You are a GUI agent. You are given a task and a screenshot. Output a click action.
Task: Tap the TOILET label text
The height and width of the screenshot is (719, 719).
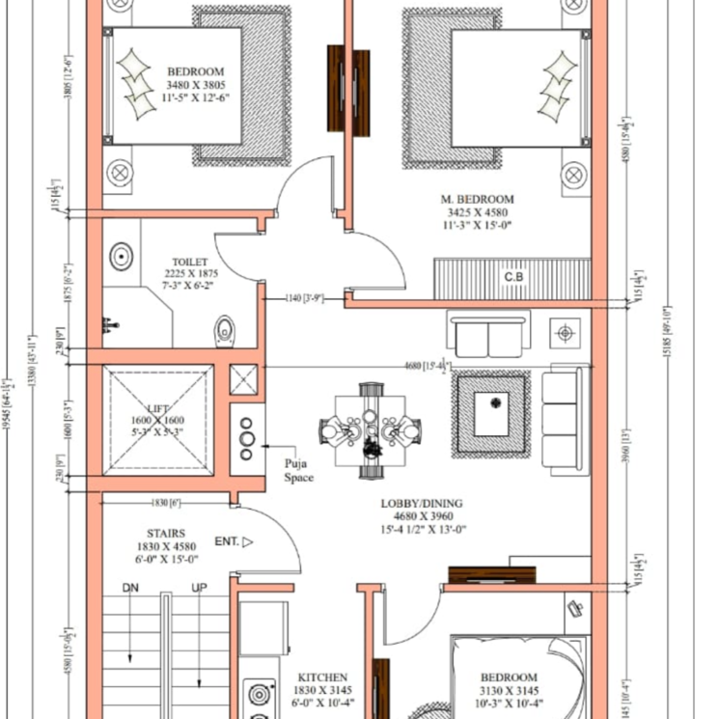[x=189, y=262]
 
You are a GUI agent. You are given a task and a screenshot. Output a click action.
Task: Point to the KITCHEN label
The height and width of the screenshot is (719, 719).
[x=322, y=678]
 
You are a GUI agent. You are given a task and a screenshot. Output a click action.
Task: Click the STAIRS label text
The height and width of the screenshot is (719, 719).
[x=159, y=532]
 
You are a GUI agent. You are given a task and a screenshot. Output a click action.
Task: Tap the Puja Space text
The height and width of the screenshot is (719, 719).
[x=299, y=471]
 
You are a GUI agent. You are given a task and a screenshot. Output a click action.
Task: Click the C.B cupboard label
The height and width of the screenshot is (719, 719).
[x=514, y=278]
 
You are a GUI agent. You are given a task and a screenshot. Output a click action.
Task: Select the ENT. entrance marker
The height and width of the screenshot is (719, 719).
[x=228, y=541]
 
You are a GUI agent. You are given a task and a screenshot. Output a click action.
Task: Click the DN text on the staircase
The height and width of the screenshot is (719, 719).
[x=130, y=588]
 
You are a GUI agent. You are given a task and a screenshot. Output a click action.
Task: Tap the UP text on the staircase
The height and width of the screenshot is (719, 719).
[x=200, y=588]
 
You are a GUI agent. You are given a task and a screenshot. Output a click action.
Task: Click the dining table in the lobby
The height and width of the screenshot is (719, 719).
[x=370, y=429]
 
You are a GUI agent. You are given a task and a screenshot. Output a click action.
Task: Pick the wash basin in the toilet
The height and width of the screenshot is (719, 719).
[x=121, y=258]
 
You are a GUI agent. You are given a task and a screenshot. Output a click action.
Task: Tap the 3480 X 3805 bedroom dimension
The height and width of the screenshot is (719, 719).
[x=196, y=85]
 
